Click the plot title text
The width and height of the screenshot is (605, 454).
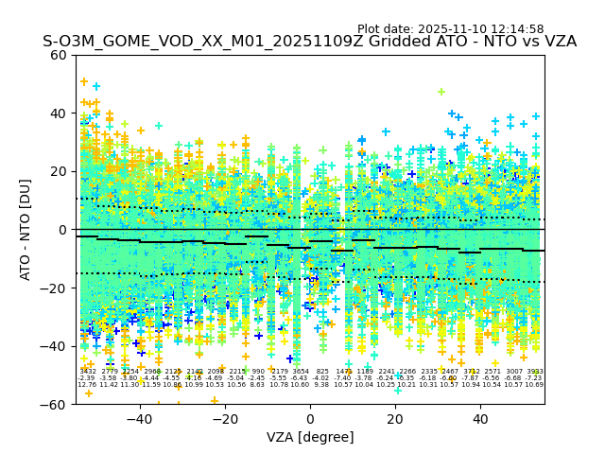click(x=309, y=42)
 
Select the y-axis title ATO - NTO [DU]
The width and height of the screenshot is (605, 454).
click(x=26, y=230)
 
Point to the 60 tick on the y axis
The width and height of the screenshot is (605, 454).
click(x=59, y=55)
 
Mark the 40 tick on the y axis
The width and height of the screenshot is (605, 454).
click(x=59, y=113)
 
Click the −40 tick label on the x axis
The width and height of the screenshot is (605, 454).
click(x=139, y=419)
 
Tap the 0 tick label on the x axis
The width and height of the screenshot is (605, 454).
click(x=310, y=419)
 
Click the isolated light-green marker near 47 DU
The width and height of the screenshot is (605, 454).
click(x=441, y=92)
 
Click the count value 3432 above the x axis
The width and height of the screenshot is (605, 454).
click(x=87, y=372)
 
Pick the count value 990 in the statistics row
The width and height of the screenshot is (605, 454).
click(x=258, y=372)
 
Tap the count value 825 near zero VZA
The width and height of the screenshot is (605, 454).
click(x=322, y=372)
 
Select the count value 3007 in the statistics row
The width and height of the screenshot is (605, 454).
click(x=513, y=372)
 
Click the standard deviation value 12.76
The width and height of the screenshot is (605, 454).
click(x=87, y=385)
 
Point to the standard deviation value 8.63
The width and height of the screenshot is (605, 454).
click(x=257, y=385)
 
